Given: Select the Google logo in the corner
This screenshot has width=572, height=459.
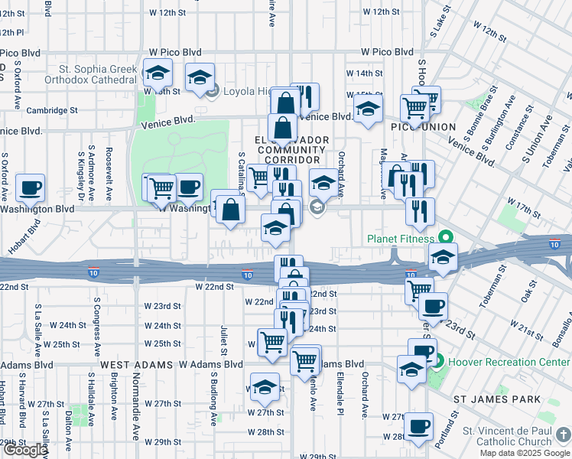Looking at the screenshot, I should (24, 450).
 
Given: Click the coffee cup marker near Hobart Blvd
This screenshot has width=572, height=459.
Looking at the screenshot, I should (31, 187).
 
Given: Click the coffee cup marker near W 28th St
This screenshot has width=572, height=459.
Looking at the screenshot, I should (418, 426).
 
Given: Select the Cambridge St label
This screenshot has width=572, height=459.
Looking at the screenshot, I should (53, 110).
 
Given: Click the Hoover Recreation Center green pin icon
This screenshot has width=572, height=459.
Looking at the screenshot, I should (431, 357).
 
